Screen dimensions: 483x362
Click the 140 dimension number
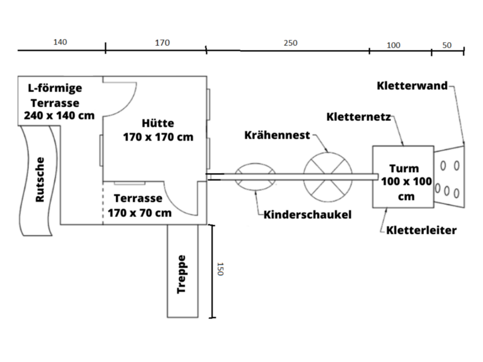point(60,42)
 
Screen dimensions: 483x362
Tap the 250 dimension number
point(290,43)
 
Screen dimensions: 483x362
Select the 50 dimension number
point(447,45)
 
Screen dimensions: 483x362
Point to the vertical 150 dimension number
point(220,269)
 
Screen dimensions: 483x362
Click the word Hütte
point(158,123)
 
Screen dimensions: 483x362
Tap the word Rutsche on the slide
point(40,179)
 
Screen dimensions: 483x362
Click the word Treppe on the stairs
point(182,275)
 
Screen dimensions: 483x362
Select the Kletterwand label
point(412,86)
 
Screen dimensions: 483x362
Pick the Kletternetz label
point(359,117)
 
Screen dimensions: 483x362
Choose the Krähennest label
point(277,135)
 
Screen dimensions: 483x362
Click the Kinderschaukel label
point(307,215)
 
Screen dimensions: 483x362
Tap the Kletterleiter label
point(421,230)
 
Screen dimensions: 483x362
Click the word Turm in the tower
point(404,169)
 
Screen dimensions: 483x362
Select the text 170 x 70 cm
point(139,213)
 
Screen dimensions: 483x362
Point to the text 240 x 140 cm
point(59,115)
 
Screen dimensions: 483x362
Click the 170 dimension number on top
point(162,42)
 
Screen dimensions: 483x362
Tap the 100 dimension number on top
point(394,45)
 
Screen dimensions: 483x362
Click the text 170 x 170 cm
point(158,137)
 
